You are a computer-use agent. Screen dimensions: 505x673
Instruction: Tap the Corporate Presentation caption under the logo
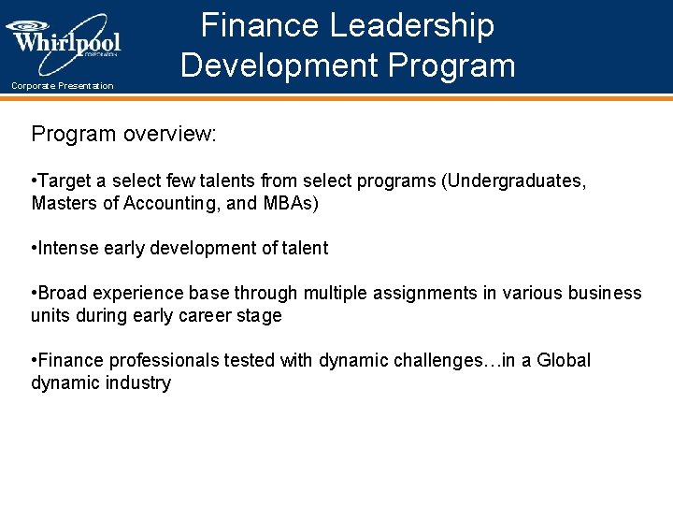pos(63,86)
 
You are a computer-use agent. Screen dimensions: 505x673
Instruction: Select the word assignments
pos(424,293)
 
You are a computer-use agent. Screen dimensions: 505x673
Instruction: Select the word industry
pos(139,382)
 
